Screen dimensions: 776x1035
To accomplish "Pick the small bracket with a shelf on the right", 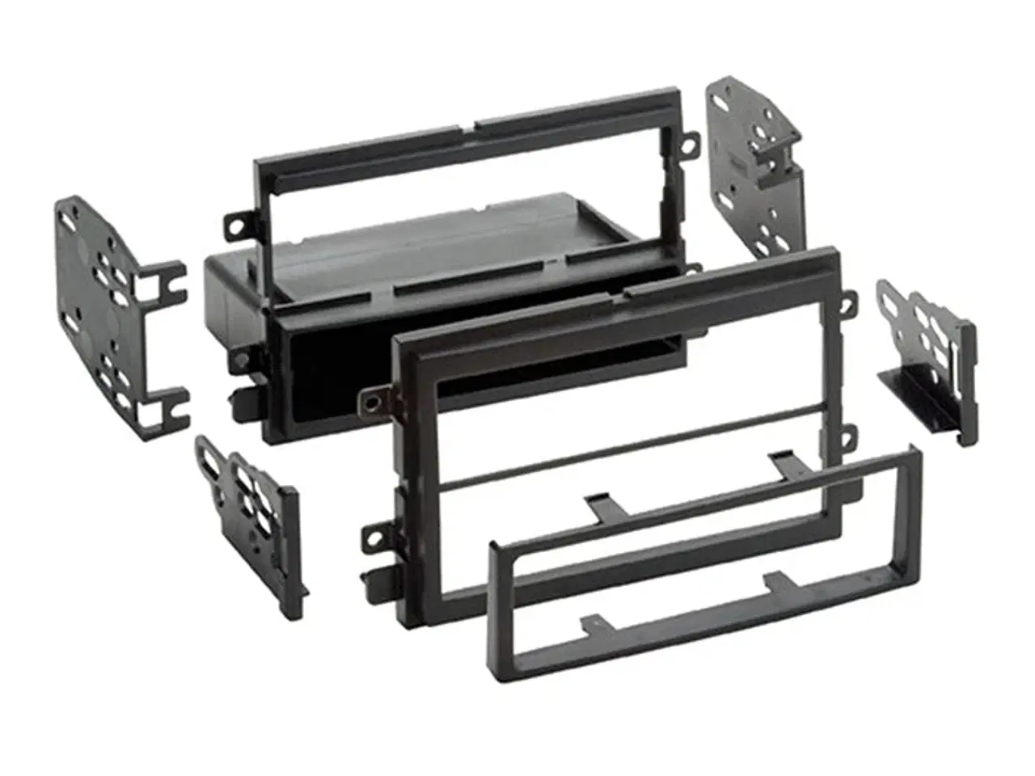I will [930, 356].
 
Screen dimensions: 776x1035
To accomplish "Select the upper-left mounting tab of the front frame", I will [374, 399].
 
